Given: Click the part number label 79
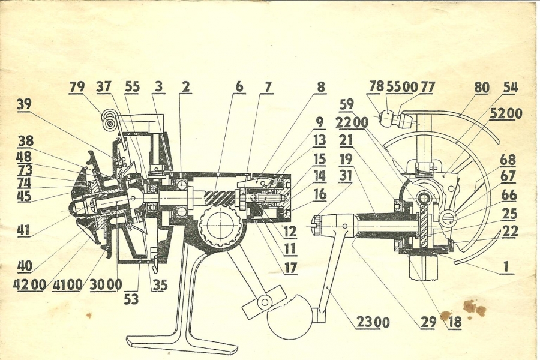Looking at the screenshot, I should (x=77, y=87).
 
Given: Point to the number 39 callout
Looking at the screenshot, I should (x=24, y=104).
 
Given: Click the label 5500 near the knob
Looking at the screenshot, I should (x=401, y=87).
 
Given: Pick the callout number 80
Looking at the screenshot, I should (x=481, y=88).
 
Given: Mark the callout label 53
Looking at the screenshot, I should (x=131, y=298).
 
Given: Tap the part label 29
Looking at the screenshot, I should (x=428, y=322).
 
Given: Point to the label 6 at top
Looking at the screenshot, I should (x=239, y=87).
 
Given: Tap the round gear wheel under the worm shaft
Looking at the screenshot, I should (x=220, y=227).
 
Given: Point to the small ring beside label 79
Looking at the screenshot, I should (x=110, y=122).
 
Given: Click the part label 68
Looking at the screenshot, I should (x=508, y=160).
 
